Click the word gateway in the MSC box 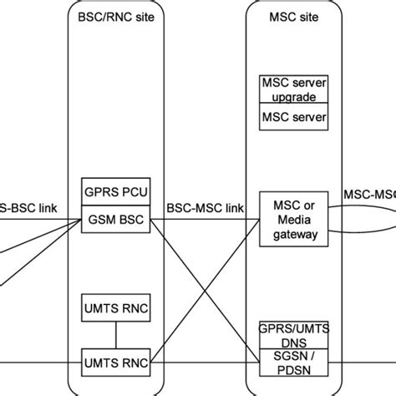click(289, 235)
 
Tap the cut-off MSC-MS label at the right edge click(369, 194)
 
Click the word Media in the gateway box click(289, 219)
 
